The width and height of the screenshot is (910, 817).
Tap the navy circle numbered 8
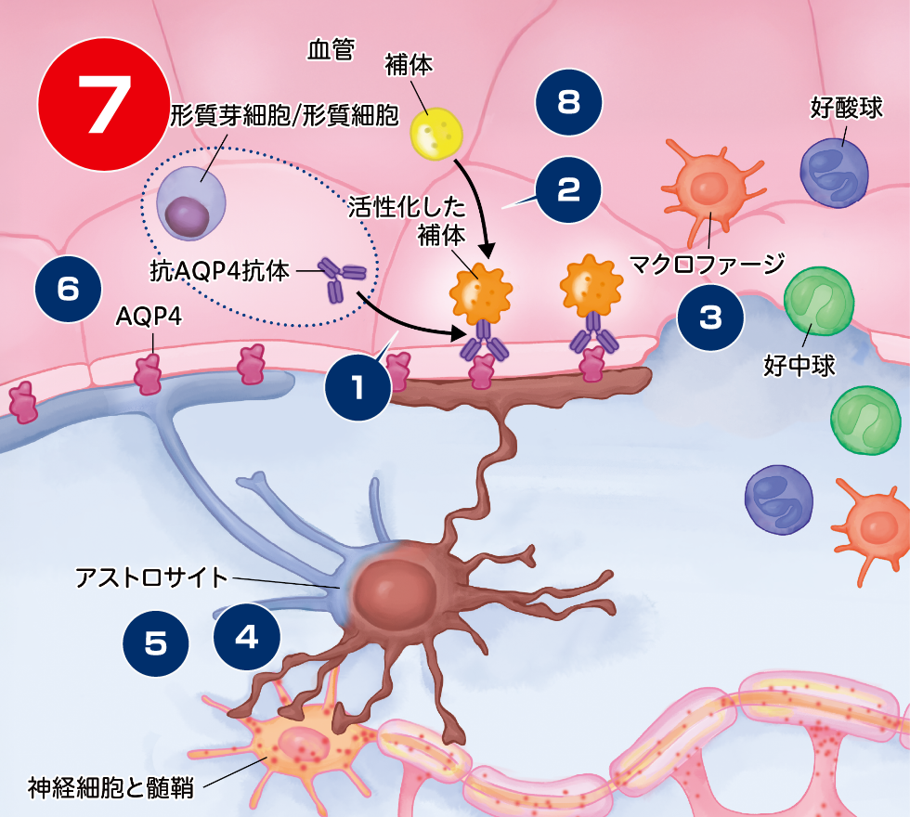coord(569,102)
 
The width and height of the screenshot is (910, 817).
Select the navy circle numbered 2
coord(568,190)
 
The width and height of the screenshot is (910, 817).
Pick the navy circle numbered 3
coord(709,318)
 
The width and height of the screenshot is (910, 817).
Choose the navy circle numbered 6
coord(68,289)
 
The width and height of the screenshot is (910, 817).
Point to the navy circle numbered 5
coord(156,642)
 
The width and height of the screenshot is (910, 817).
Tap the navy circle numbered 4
coord(246,636)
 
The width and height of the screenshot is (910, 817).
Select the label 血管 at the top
coord(331,51)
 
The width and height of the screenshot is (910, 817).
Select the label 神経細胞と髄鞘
coord(110,788)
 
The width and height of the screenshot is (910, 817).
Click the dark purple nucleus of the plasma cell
coord(187,216)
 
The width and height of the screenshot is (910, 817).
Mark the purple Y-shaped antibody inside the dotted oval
coord(342,277)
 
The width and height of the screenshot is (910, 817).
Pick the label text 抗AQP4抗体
coord(219,271)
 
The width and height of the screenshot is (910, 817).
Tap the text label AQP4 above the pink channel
coord(149,318)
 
